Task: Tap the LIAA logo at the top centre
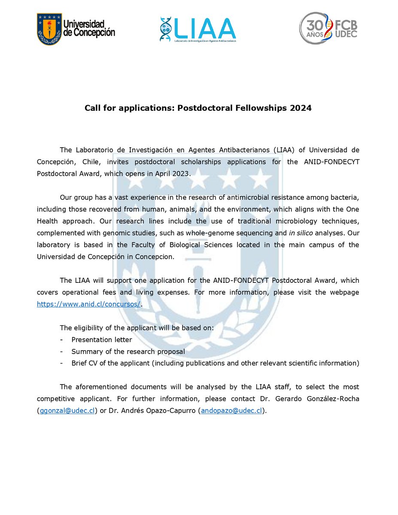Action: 198,30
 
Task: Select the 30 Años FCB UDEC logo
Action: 328,28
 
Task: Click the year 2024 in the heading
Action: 302,108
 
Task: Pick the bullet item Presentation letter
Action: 102,339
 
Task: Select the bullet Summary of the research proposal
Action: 128,351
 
